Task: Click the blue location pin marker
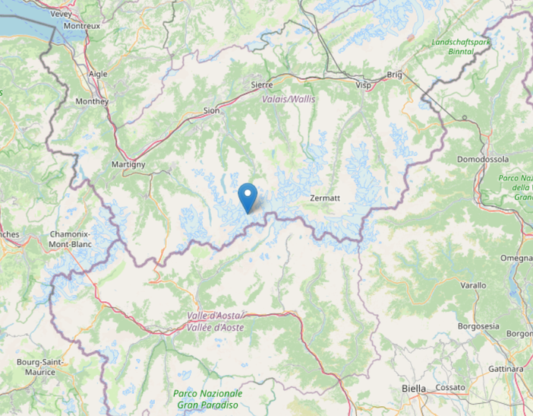click(x=248, y=197)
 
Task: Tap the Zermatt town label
click(x=325, y=198)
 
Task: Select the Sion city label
click(x=211, y=111)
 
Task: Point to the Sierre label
click(x=262, y=85)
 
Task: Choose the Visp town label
click(x=364, y=86)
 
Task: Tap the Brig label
click(x=394, y=75)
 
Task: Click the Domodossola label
click(x=483, y=159)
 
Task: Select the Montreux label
click(x=82, y=25)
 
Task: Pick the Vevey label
click(x=60, y=14)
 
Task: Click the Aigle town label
click(x=98, y=74)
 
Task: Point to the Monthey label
click(x=93, y=101)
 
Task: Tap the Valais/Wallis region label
click(x=288, y=99)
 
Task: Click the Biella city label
click(x=414, y=388)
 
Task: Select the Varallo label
click(x=473, y=285)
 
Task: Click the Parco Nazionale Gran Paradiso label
click(x=207, y=399)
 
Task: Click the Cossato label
click(x=450, y=387)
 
